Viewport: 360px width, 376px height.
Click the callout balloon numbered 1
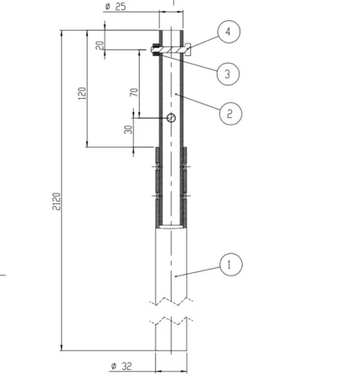[231, 265]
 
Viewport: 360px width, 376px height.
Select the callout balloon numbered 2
[231, 112]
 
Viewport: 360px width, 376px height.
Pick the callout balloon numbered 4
[231, 33]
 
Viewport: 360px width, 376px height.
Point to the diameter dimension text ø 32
[121, 365]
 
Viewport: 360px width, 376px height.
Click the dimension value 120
[81, 92]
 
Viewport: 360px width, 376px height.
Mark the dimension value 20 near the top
[100, 45]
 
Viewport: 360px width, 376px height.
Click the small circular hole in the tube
[171, 119]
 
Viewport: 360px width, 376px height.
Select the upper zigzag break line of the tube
[174, 301]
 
